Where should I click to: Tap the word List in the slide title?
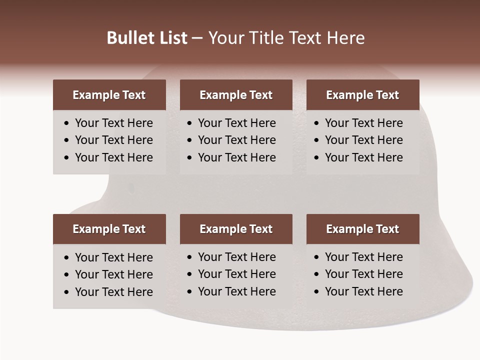click(172, 38)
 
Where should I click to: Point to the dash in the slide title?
click(197, 38)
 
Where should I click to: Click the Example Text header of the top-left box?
click(109, 95)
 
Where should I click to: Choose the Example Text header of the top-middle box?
click(236, 95)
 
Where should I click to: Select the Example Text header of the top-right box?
click(362, 95)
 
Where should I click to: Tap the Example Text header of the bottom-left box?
click(109, 229)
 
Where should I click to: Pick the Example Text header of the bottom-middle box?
click(236, 229)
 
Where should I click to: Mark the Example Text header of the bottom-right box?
click(362, 229)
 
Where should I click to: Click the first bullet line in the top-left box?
click(113, 123)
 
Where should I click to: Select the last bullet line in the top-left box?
click(113, 157)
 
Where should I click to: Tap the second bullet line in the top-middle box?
click(236, 140)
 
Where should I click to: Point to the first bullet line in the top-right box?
click(363, 123)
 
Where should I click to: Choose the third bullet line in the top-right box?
click(363, 157)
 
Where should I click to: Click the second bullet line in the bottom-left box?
click(113, 274)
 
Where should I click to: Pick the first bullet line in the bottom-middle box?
click(236, 257)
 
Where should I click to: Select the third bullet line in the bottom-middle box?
click(236, 291)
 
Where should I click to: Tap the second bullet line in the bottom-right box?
click(363, 274)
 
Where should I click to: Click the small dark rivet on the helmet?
click(131, 188)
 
